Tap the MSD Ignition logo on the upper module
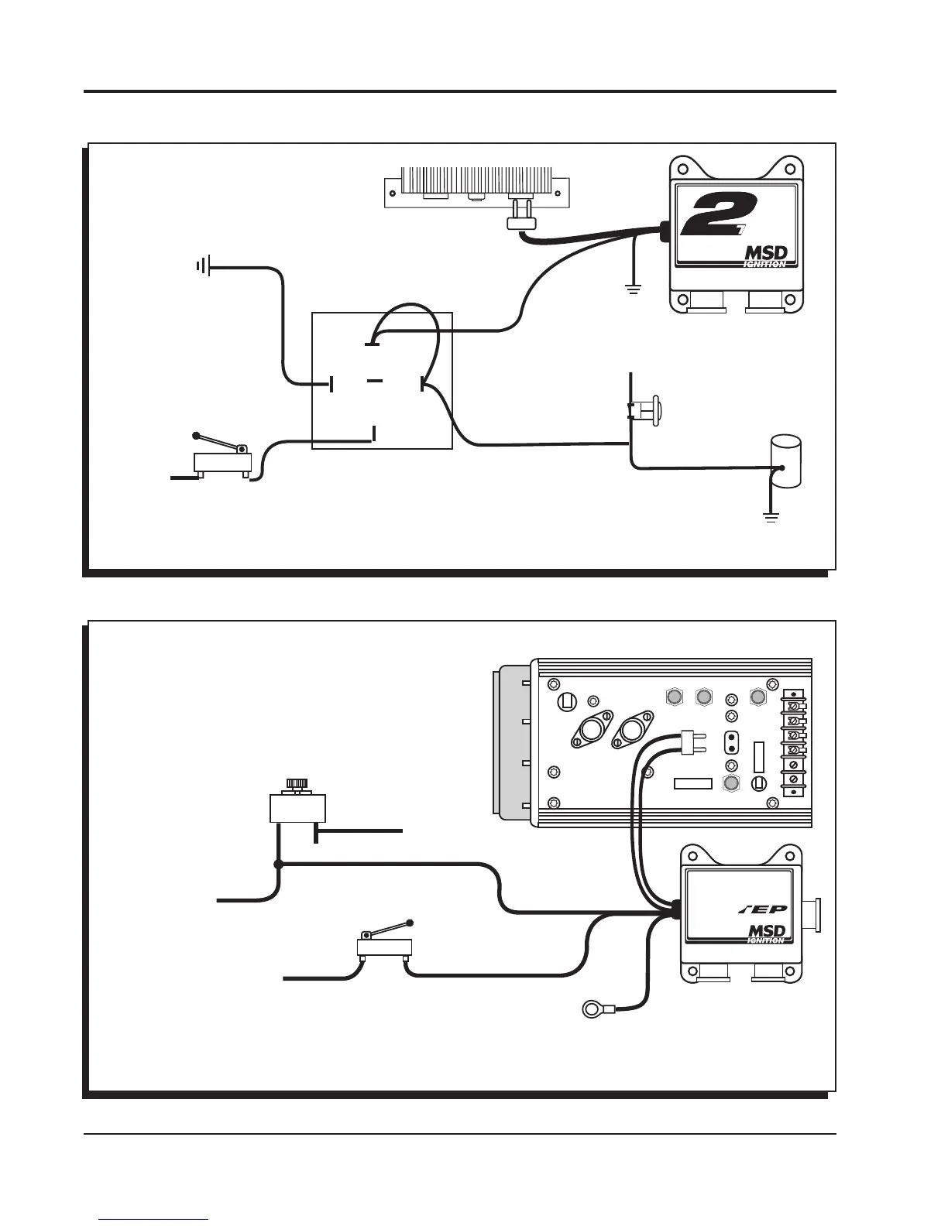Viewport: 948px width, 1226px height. pos(765,256)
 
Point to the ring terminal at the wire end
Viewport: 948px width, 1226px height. pos(594,1008)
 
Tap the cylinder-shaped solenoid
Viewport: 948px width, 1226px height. pos(785,462)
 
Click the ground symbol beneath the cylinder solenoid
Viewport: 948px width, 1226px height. pos(771,516)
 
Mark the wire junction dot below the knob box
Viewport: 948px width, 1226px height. pos(279,865)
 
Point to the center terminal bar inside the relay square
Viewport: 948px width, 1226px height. pos(375,382)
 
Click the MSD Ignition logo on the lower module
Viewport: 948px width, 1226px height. pos(765,933)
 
